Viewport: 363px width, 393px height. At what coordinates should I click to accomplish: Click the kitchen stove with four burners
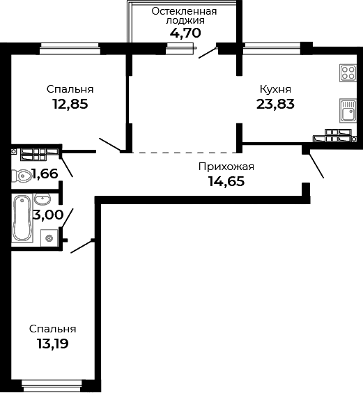coord(347,72)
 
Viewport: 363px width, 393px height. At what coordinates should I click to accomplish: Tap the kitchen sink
coord(346,110)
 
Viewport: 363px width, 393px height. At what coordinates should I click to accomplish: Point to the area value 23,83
coord(275,104)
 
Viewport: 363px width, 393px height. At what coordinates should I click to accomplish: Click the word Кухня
coord(275,89)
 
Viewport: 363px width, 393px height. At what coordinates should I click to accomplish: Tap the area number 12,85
coord(70,104)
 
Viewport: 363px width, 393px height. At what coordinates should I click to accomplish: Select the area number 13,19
coord(52,343)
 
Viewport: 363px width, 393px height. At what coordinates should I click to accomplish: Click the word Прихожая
coord(226,167)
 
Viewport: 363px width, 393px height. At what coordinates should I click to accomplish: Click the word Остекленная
coord(185,11)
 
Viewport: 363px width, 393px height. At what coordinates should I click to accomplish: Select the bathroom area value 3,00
coord(48,215)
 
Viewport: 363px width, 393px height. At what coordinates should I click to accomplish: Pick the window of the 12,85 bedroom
coord(70,47)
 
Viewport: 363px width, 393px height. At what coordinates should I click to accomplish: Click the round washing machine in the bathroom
coord(49,238)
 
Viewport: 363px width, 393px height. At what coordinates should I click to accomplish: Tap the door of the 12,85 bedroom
coord(109,145)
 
